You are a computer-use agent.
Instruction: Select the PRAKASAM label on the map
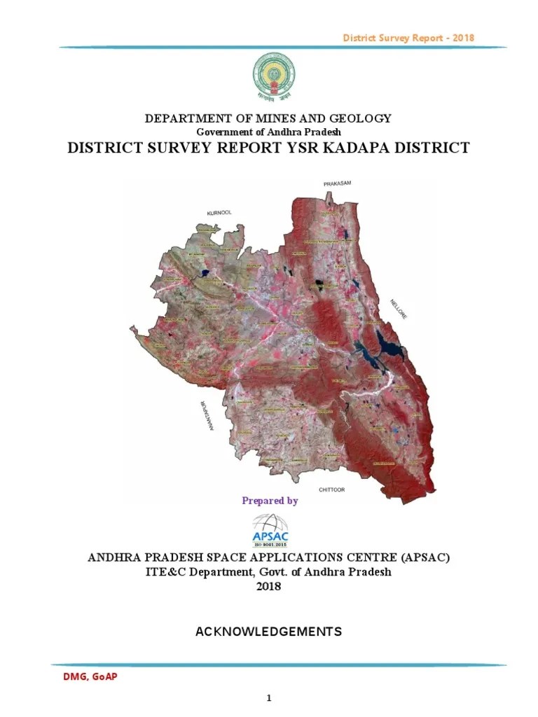[x=336, y=183]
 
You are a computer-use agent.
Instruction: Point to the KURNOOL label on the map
[x=219, y=212]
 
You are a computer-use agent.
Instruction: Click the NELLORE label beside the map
[x=398, y=309]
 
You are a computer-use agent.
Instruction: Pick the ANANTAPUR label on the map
[x=202, y=417]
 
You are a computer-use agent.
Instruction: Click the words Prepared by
[x=270, y=501]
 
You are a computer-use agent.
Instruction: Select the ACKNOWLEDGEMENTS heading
[x=268, y=632]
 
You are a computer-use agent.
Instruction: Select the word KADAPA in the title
[x=345, y=148]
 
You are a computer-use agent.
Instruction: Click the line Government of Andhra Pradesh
[x=268, y=132]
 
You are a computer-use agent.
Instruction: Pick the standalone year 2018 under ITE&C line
[x=268, y=586]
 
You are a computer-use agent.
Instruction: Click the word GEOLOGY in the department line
[x=361, y=119]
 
